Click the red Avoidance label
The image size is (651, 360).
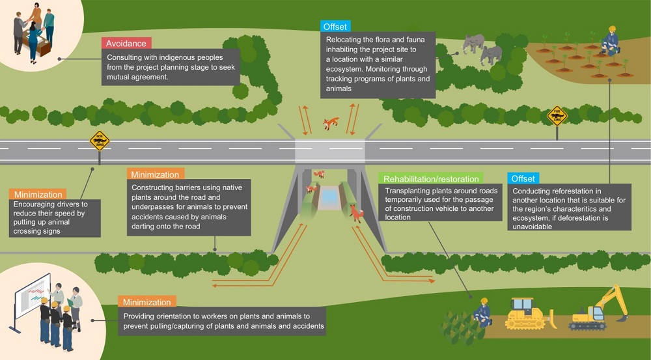(x=126, y=44)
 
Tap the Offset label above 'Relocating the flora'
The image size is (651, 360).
(x=335, y=27)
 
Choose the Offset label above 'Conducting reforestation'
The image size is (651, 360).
(x=523, y=178)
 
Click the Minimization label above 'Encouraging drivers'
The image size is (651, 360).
(x=36, y=194)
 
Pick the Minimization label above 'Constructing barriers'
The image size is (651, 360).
(x=154, y=174)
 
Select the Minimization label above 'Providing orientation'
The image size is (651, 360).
(x=145, y=302)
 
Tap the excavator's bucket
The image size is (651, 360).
(x=622, y=317)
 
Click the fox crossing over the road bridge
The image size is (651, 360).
(x=331, y=122)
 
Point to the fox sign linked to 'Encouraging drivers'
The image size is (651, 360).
(x=99, y=141)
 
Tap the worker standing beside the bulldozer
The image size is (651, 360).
(x=482, y=312)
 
